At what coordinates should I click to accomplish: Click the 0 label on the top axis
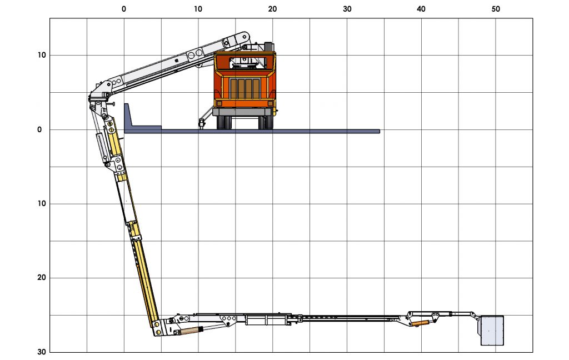[x=124, y=9]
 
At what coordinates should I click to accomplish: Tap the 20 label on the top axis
[x=272, y=9]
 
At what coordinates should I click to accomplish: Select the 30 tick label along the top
[x=347, y=9]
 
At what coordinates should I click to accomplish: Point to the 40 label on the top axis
[x=421, y=9]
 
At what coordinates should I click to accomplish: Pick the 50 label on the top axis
[x=496, y=9]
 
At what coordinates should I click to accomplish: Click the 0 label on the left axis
[x=39, y=129]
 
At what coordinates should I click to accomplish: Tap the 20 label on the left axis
[x=39, y=278]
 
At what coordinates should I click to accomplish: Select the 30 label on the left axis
[x=39, y=352]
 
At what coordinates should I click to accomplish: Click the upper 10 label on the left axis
[x=39, y=55]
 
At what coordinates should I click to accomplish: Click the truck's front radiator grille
[x=244, y=88]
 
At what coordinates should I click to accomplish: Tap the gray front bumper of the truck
[x=244, y=112]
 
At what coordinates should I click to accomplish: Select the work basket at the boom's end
[x=492, y=330]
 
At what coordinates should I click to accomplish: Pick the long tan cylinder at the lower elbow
[x=188, y=331]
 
